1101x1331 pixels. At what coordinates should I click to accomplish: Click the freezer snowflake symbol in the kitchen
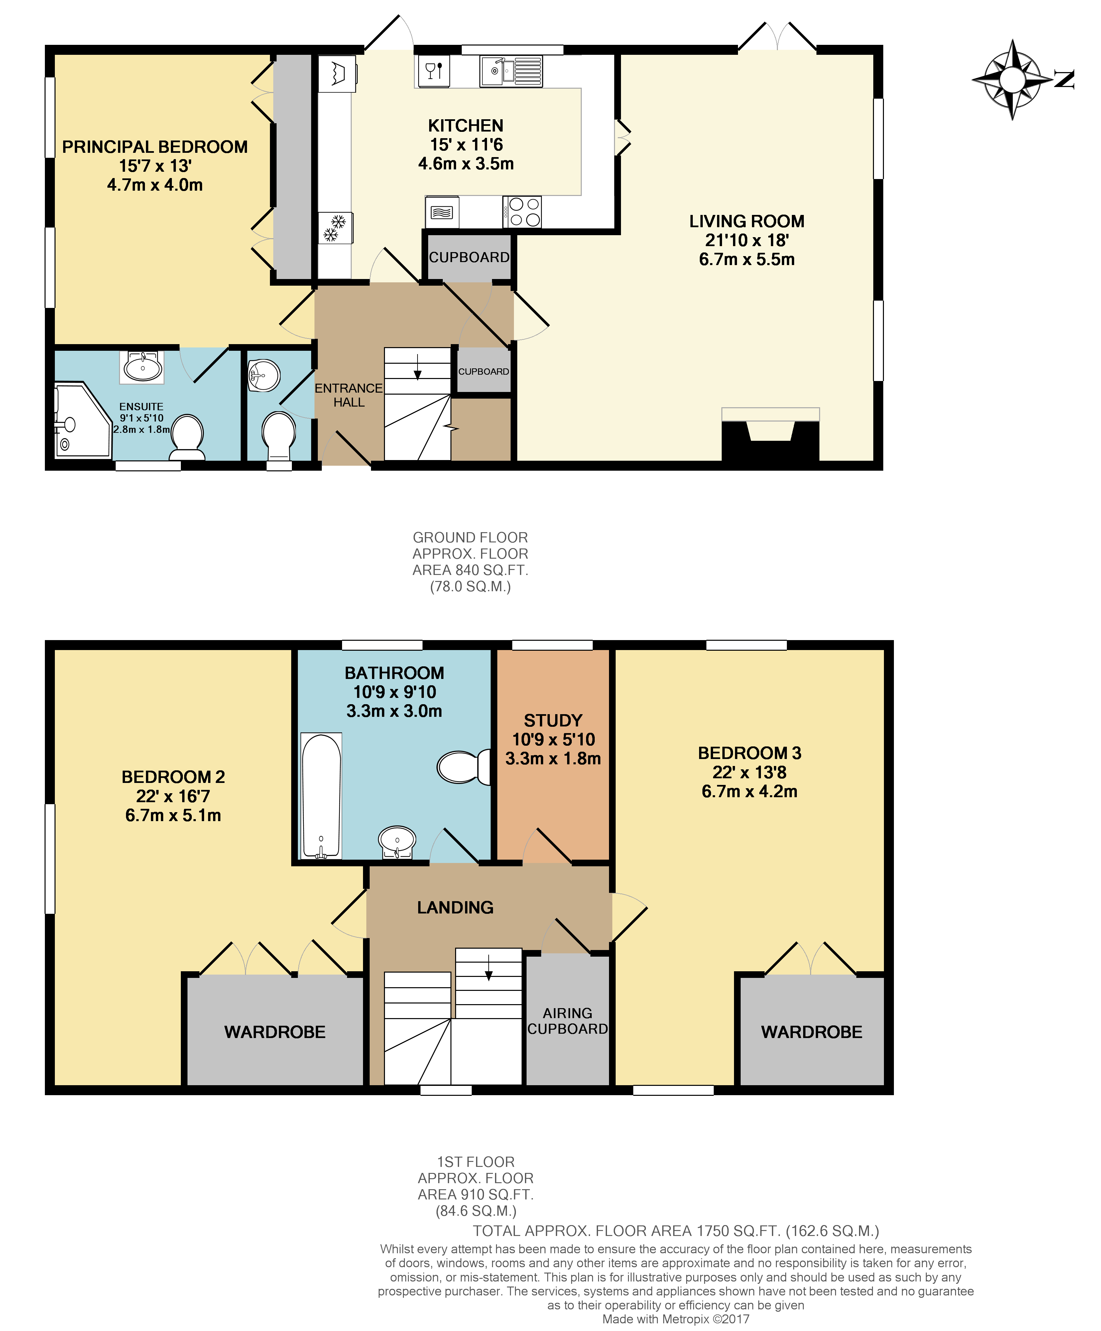[x=335, y=228]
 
